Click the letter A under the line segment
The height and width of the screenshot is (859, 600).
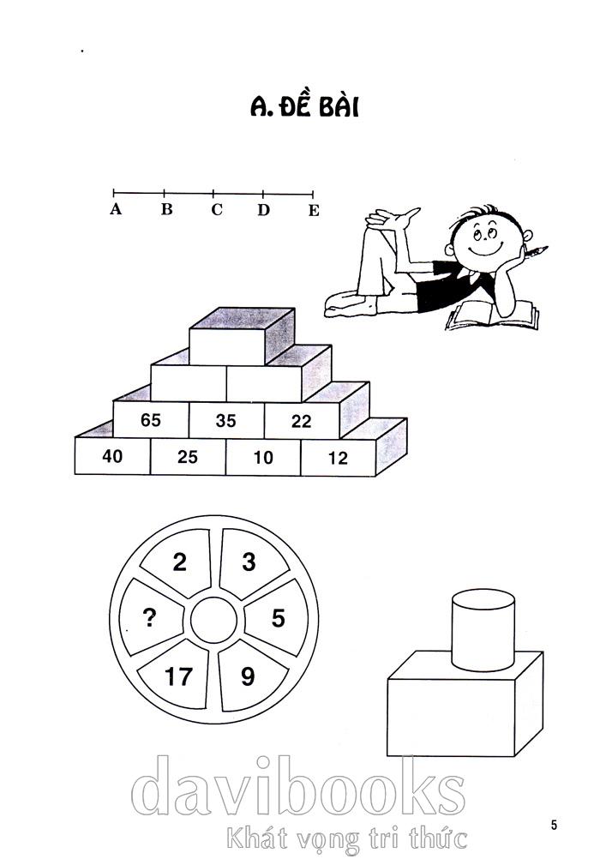[x=115, y=209]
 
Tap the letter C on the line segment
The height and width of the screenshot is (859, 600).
[x=217, y=209]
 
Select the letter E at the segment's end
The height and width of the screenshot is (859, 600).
[x=314, y=210]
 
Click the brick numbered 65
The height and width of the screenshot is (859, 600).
[x=151, y=419]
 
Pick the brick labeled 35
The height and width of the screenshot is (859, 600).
[x=226, y=420]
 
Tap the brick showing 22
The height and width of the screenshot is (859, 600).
[x=302, y=420]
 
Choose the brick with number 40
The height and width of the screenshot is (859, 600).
[x=112, y=456]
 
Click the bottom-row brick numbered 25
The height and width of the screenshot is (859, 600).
[x=188, y=456]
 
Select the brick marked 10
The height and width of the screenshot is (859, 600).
[x=263, y=457]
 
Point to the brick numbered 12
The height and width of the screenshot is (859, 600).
[x=338, y=458]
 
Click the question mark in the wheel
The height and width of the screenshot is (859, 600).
[x=149, y=618]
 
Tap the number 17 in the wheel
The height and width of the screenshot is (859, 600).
[x=178, y=676]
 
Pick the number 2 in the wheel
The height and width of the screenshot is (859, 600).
[x=180, y=562]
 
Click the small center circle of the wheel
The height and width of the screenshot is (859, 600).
[x=213, y=620]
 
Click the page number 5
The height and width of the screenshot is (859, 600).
[x=554, y=824]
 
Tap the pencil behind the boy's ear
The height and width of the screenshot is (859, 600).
[x=536, y=252]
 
